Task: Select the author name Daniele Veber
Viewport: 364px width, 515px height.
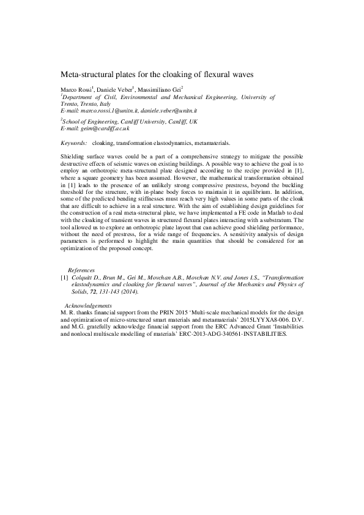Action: (115, 89)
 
